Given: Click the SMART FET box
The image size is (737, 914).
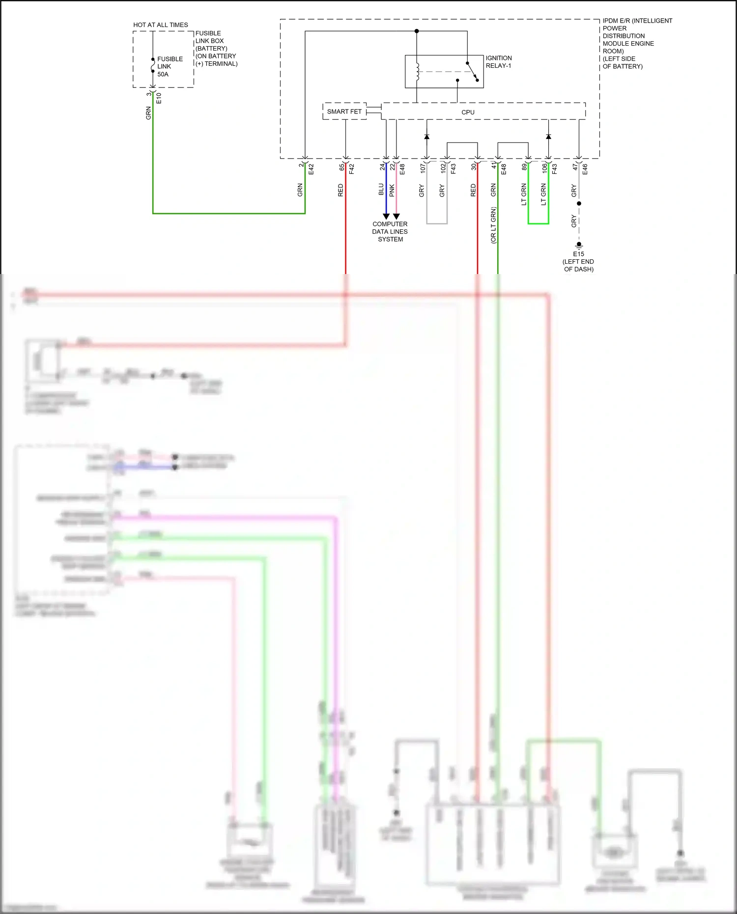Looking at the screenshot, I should [344, 111].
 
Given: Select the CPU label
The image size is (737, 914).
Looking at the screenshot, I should [468, 112].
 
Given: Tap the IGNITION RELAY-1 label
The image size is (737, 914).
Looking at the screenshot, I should [499, 62].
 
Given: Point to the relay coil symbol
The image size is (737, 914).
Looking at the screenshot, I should [417, 71].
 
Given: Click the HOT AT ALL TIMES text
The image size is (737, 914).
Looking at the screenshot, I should [161, 25].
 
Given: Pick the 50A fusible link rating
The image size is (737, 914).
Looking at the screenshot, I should [163, 74].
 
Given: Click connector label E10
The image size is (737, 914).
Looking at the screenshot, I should [159, 98].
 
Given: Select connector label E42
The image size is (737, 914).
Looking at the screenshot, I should [311, 169].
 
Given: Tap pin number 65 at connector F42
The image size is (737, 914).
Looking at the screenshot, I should [342, 167].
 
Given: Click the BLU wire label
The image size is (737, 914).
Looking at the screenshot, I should [381, 190].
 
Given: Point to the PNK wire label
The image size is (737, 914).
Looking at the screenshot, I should [392, 191].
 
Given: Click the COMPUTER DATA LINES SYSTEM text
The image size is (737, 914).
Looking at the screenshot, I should [390, 232].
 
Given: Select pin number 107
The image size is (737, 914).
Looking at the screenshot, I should [423, 168].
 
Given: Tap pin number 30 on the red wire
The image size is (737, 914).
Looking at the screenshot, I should [474, 167].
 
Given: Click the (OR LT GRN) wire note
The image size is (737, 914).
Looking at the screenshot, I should [493, 225].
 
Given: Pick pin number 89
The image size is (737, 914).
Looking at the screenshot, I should [524, 167].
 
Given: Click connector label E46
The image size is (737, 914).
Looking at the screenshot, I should [585, 169].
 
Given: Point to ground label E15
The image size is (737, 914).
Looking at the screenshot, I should [578, 254].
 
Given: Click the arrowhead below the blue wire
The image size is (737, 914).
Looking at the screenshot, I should [386, 216].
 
